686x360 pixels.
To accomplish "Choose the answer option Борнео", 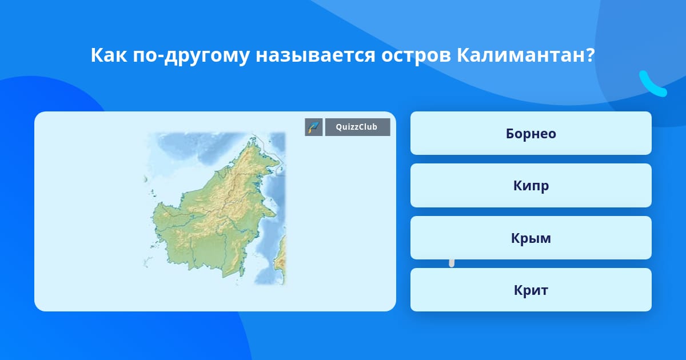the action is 531,133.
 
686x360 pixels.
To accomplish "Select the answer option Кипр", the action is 531,186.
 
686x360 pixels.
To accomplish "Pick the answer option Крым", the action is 531,238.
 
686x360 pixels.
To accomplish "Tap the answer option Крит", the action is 531,290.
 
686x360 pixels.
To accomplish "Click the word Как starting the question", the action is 109,55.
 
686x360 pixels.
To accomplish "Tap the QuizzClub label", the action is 357,127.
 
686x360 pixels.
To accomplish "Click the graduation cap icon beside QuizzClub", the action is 314,127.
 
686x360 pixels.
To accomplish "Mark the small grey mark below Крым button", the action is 452,263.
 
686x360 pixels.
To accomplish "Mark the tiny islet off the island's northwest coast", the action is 146,179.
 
